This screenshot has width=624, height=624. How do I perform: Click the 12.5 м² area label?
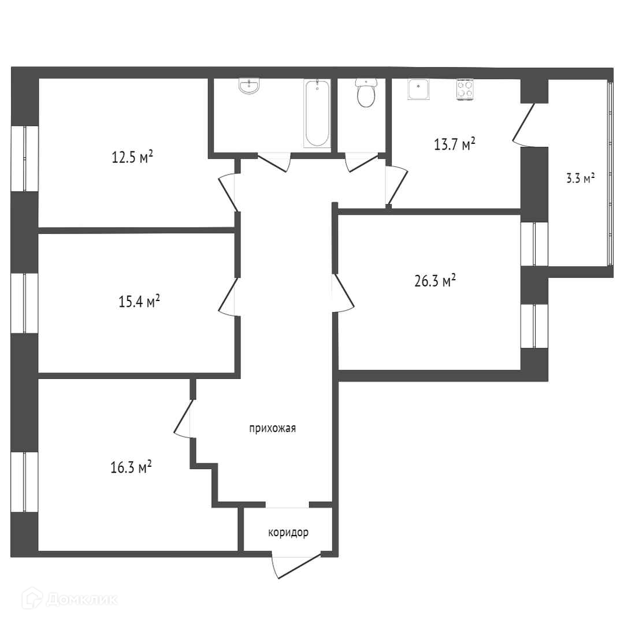[x=132, y=157]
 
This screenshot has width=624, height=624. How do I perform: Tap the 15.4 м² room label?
[x=139, y=301]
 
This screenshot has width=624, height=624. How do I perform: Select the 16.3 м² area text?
[x=131, y=467]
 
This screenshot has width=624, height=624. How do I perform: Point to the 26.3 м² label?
[x=435, y=281]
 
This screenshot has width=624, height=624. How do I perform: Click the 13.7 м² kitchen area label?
[x=455, y=144]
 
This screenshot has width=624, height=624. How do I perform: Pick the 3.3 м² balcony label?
[x=580, y=178]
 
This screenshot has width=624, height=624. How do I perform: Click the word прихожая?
[x=273, y=429]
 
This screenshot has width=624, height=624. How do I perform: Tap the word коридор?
[x=288, y=533]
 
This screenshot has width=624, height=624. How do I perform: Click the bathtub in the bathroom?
[x=317, y=113]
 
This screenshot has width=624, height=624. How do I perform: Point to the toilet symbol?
[x=366, y=92]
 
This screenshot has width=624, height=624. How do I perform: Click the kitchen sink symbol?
[x=418, y=89]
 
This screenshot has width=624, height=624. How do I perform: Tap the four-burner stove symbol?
[x=465, y=90]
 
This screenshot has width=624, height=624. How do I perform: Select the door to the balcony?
[x=522, y=124]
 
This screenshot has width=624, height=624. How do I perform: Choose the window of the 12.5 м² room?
[x=24, y=159]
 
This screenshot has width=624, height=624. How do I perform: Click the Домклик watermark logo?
[x=70, y=599]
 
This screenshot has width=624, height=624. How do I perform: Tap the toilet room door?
[x=361, y=162]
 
